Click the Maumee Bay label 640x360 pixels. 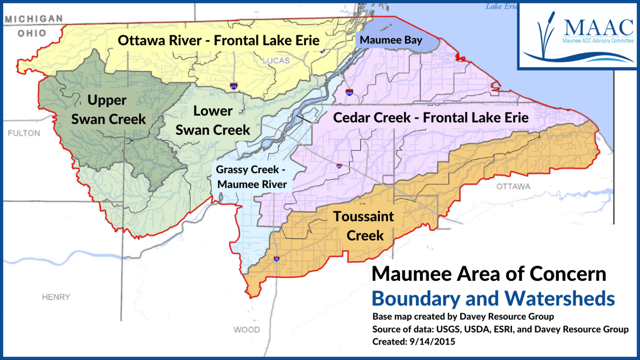point(391,40)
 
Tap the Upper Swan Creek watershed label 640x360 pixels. point(108,110)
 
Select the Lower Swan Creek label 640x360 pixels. point(212,120)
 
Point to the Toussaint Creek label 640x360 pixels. point(364,226)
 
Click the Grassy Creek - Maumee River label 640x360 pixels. point(251,177)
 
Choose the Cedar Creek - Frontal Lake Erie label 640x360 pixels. point(430,117)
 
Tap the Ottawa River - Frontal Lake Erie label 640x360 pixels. point(218,40)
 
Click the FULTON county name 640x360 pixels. point(24,133)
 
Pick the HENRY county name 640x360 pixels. point(56,297)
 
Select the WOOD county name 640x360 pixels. point(247,330)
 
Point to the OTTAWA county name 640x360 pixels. point(513,187)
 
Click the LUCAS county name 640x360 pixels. point(276,61)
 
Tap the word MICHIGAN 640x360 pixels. point(34,19)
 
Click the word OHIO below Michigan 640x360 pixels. point(32,33)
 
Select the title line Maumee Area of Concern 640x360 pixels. point(488,274)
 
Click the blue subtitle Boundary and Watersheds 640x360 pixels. point(493,298)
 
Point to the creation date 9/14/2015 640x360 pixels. point(432,342)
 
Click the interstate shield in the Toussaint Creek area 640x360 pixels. point(276,259)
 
